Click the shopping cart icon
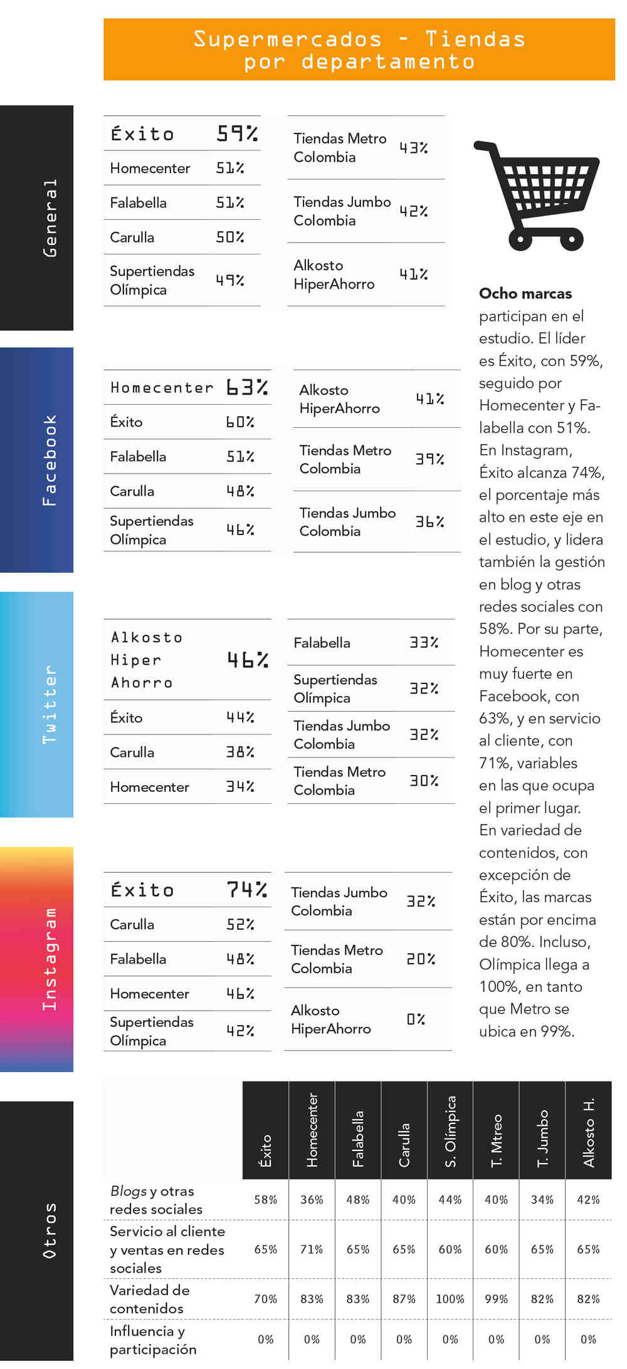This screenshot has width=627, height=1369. coord(536,195)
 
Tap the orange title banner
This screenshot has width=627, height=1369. coord(359,49)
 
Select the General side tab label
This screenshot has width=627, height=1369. coord(50,218)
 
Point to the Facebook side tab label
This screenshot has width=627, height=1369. coord(50,460)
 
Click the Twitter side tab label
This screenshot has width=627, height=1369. coord(50,704)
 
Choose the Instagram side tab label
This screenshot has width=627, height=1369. coord(50,959)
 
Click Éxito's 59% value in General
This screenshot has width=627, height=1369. coord(237,133)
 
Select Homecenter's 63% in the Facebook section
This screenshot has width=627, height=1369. coord(247,387)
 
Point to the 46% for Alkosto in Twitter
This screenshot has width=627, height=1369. coord(247,659)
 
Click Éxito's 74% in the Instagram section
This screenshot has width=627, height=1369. coord(246,889)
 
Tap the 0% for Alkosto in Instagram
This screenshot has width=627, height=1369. coord(416,1019)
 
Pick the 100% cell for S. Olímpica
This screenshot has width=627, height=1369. coord(450,1299)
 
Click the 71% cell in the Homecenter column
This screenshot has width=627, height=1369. coord(312,1249)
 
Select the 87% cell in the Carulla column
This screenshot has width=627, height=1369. coord(404,1299)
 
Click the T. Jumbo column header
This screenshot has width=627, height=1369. coord(542,1138)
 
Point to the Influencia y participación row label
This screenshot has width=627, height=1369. coord(153,1340)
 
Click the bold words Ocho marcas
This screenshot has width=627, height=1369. coord(525,293)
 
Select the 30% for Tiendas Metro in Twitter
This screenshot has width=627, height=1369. coord(424,781)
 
